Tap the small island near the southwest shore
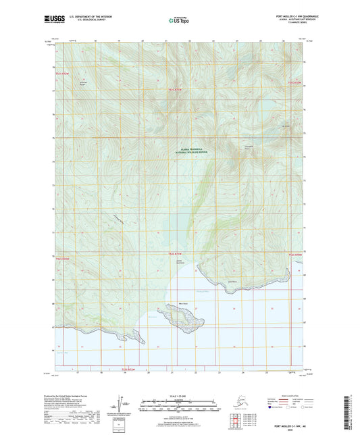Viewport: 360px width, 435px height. tap(128, 334)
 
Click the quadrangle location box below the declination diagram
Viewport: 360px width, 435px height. tap(122, 426)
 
